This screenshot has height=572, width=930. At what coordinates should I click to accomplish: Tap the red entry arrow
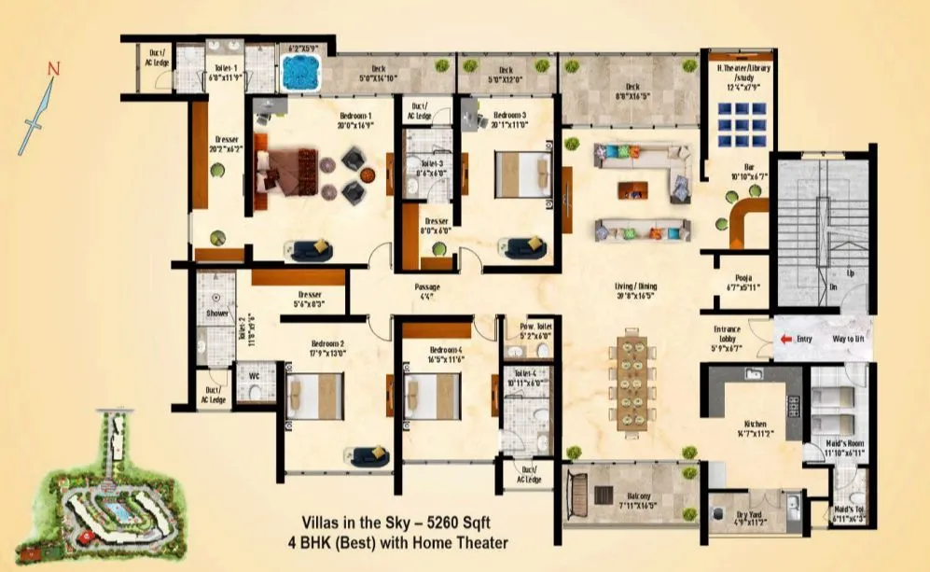point(787,341)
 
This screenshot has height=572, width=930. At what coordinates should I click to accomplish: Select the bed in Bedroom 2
point(316,396)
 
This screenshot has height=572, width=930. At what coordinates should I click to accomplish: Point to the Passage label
point(426,291)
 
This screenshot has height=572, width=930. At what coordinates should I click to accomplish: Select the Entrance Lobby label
point(727,335)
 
